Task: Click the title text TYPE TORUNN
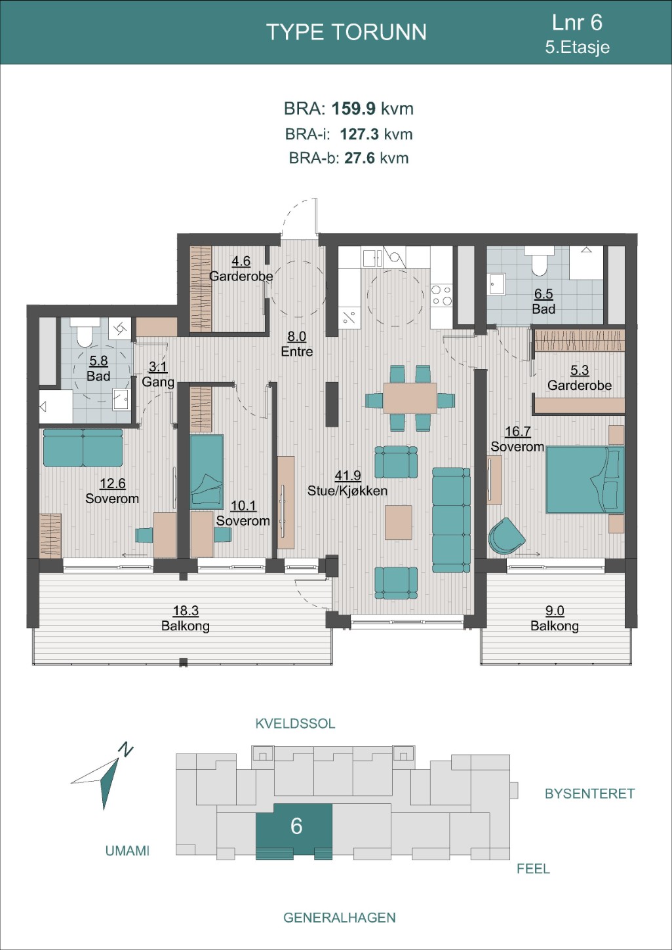tap(346, 32)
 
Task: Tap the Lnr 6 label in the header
tap(577, 22)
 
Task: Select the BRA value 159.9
tap(353, 109)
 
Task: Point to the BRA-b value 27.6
tap(359, 158)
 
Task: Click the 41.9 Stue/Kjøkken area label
tap(347, 483)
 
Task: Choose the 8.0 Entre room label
tap(297, 343)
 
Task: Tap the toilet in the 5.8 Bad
tap(85, 332)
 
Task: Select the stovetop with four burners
tap(441, 295)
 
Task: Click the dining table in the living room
tap(410, 398)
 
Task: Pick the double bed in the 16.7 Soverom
tap(585, 480)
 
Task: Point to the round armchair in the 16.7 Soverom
tap(506, 535)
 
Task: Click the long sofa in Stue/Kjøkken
tap(451, 520)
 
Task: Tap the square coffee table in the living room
tap(398, 522)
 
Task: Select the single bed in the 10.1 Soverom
tap(207, 472)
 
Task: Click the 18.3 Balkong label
tap(186, 618)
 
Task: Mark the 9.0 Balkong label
tap(555, 618)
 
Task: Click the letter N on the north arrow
tap(126, 750)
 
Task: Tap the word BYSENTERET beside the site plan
tap(589, 794)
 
